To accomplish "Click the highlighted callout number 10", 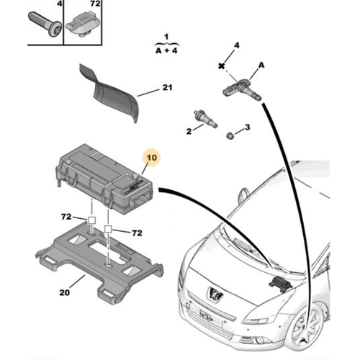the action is click(151, 158).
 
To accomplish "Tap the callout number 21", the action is click(167, 88).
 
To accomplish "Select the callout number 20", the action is click(65, 292).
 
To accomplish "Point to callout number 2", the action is click(189, 131).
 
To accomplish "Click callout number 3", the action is click(248, 127).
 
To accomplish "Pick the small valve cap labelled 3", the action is click(230, 135).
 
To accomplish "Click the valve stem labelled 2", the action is click(205, 119).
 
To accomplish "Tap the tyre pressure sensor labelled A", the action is click(241, 91).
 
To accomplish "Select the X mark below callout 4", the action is click(222, 66).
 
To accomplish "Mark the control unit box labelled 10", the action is click(104, 179).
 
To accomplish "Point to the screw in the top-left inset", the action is click(45, 24).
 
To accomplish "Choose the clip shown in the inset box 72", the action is click(81, 24).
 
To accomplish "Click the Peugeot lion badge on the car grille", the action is click(215, 293).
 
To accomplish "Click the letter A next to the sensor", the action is click(261, 66).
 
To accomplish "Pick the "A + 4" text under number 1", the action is click(166, 50).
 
